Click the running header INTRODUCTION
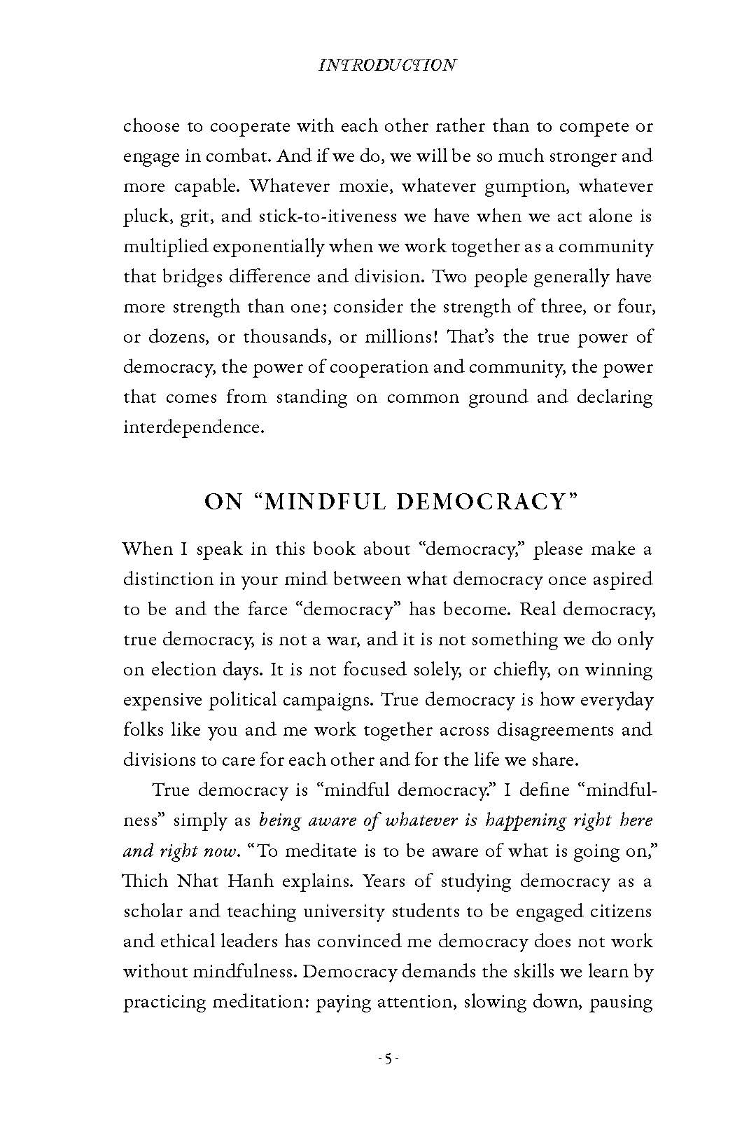pos(386,65)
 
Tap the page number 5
pos(387,1059)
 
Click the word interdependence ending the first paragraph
pos(194,427)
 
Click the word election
pos(185,670)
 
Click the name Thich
pos(146,881)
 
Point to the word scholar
pos(156,911)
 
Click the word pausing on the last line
pos(620,1002)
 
